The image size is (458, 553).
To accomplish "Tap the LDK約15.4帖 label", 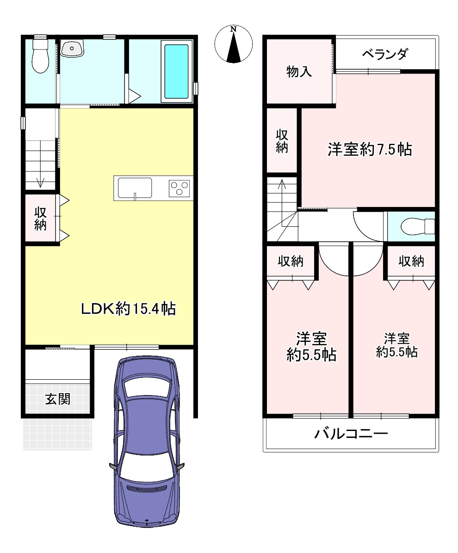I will click(x=128, y=309).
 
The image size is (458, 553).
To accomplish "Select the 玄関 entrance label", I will click(x=58, y=399).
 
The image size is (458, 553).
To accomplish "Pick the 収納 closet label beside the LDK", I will click(x=40, y=219).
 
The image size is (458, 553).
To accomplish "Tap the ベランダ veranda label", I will click(x=385, y=54).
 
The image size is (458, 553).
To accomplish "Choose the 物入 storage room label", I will click(x=299, y=72).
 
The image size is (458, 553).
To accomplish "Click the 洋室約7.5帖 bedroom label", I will click(x=370, y=150).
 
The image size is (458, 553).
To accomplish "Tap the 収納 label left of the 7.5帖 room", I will click(x=282, y=141).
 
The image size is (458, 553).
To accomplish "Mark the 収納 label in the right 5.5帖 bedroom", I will click(x=411, y=261).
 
